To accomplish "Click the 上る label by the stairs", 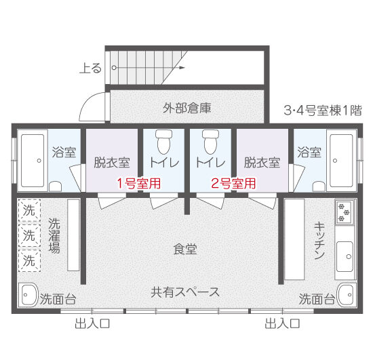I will click(x=90, y=68).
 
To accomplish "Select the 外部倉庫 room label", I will click(x=186, y=107).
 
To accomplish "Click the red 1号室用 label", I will click(x=138, y=182).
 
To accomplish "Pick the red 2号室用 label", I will click(x=233, y=182).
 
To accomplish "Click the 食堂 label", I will click(x=185, y=249).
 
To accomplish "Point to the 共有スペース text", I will click(x=185, y=292).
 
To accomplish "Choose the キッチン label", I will click(x=319, y=241).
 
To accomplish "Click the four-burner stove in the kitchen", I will click(x=345, y=212).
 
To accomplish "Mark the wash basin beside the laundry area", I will click(x=28, y=295).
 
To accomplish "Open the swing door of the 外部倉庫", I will click(x=94, y=106).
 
